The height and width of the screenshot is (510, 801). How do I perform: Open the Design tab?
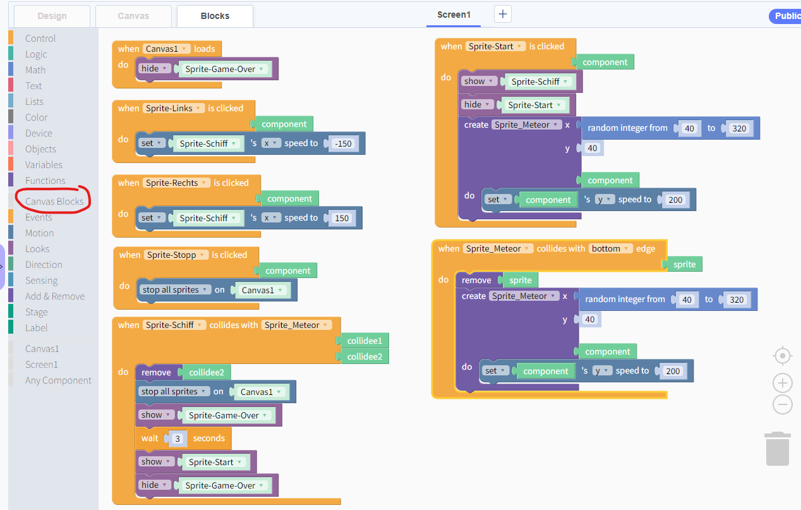click(52, 16)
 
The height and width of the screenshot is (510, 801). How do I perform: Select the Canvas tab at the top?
click(133, 16)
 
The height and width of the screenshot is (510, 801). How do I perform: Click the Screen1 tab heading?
click(454, 15)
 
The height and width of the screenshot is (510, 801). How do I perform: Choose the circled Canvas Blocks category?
click(54, 202)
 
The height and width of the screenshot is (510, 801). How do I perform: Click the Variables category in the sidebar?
click(44, 164)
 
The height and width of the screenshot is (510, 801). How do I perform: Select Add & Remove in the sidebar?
click(55, 296)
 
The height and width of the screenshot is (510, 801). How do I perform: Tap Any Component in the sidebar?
click(58, 380)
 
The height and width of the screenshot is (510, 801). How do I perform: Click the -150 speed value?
click(343, 143)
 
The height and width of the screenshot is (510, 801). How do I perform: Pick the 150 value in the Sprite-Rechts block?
click(342, 218)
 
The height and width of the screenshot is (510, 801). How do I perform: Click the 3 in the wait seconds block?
click(178, 439)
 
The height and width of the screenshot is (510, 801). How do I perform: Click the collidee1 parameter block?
click(364, 341)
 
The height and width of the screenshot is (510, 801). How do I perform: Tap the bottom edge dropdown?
click(610, 248)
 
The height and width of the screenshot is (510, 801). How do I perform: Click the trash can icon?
click(778, 449)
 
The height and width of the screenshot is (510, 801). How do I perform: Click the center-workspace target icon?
click(783, 356)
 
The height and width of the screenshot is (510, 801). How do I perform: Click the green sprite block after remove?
click(521, 280)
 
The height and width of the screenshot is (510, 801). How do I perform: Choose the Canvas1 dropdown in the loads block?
click(166, 49)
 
